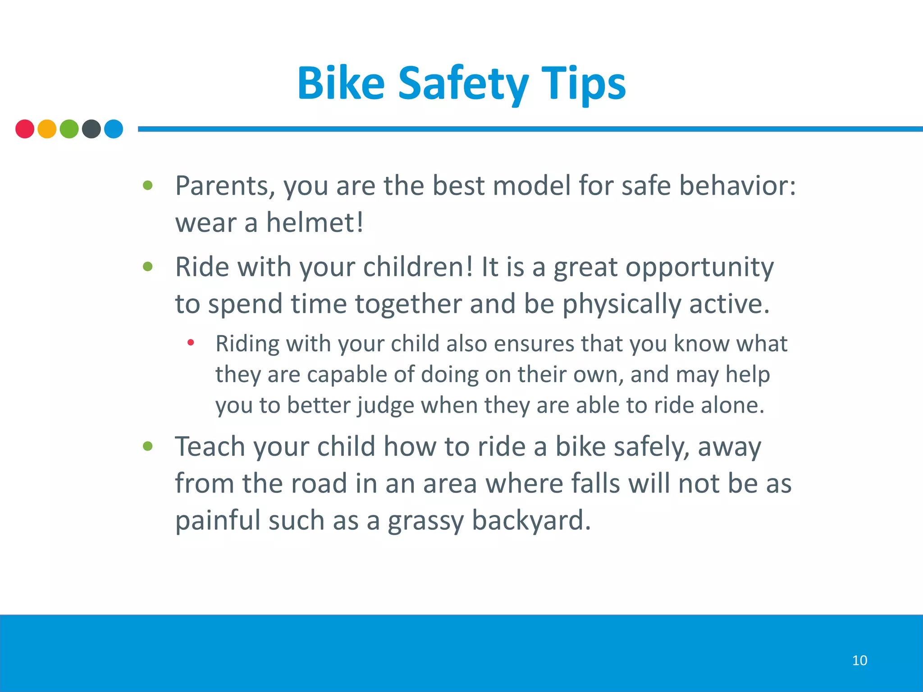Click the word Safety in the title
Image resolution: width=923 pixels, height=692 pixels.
463,83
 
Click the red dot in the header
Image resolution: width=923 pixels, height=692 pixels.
25,129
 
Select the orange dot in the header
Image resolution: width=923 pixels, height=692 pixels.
47,129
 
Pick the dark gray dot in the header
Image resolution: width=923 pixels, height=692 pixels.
91,129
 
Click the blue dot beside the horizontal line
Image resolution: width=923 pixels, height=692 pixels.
114,129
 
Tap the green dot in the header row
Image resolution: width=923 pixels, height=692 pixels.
69,129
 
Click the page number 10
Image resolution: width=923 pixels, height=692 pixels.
859,660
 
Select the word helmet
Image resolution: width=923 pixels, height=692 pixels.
314,222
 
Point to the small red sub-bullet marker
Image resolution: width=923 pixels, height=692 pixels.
191,343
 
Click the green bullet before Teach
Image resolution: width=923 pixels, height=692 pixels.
148,446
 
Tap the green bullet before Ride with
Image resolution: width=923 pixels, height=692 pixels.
148,267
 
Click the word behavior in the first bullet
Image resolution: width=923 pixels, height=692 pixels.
737,186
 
